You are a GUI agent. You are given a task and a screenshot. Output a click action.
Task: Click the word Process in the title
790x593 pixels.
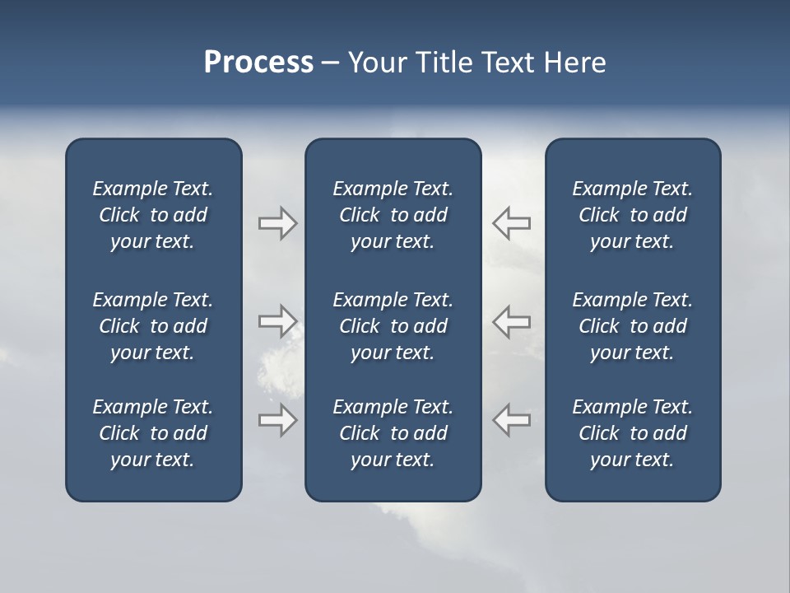coord(258,63)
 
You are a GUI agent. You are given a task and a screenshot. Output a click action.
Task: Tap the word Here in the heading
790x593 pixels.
coord(574,63)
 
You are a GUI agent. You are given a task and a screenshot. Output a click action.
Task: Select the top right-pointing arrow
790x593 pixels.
coord(277,223)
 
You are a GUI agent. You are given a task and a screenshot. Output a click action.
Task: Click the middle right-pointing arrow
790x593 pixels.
coord(277,320)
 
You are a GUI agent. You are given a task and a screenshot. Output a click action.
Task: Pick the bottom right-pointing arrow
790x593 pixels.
coord(277,419)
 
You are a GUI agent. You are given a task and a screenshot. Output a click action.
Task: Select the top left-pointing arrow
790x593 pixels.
coord(512,222)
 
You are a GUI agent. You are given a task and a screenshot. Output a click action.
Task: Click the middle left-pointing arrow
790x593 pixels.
coord(512,320)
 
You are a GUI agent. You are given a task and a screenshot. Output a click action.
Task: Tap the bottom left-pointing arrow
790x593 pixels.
coord(512,419)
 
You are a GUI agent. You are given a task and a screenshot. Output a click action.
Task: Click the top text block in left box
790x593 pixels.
coord(153,215)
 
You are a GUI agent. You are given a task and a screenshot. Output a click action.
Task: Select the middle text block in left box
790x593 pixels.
coord(153,326)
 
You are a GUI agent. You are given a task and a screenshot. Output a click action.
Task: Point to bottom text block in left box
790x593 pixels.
coord(153,433)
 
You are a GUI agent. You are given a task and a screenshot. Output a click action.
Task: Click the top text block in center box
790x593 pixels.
coord(393,215)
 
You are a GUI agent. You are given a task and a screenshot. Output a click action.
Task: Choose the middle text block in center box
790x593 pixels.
coord(393,326)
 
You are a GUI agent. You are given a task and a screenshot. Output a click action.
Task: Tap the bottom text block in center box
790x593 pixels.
coord(393,433)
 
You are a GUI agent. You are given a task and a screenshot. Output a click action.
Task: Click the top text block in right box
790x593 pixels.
coord(632,215)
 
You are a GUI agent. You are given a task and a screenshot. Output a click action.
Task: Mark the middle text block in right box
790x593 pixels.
coord(632,326)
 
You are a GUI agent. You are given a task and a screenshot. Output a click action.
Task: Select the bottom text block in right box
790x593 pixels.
coord(632,433)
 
